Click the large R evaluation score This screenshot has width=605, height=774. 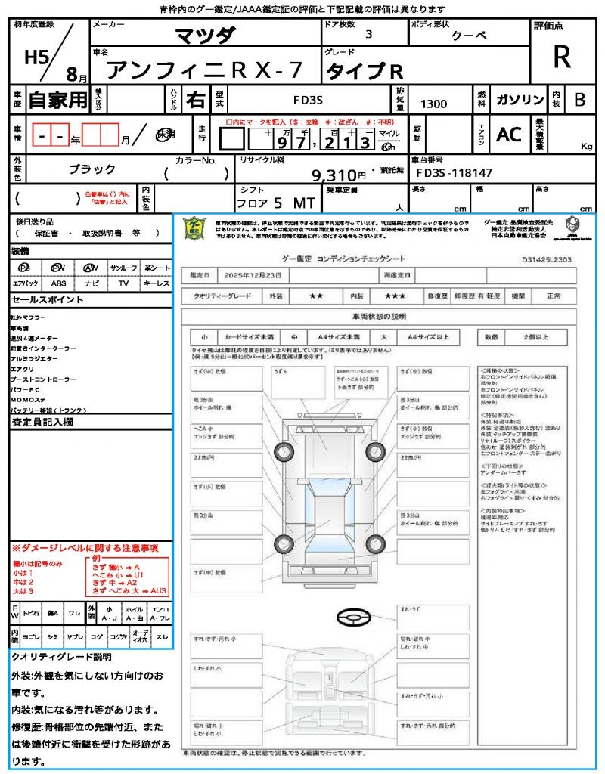(561, 58)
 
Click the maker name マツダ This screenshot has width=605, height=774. (205, 35)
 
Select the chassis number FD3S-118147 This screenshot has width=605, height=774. (455, 173)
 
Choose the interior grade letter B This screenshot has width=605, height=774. (579, 100)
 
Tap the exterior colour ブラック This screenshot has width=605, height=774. (92, 169)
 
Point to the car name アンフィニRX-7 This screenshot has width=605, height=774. (203, 70)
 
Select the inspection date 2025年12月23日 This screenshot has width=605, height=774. (253, 275)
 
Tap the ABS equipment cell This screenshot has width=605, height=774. (58, 283)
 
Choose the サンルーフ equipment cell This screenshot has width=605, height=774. (124, 268)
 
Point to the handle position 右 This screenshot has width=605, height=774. (196, 100)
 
